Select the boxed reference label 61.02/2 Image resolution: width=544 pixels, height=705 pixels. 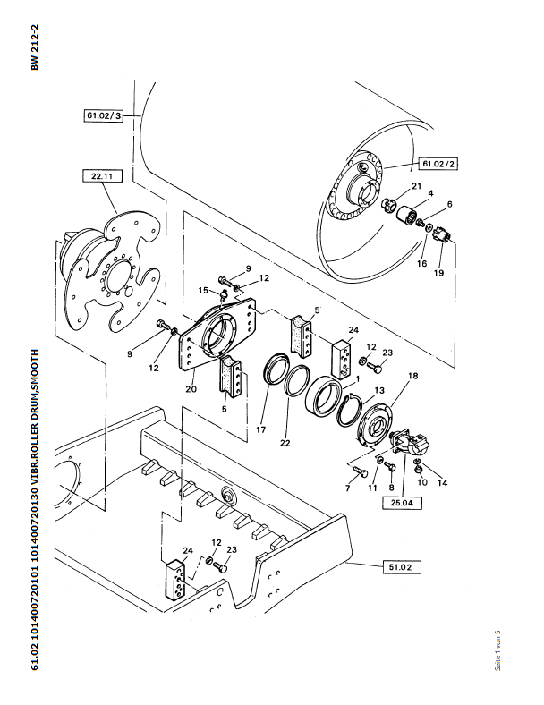click(438, 164)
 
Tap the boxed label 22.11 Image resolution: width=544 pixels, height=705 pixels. click(100, 177)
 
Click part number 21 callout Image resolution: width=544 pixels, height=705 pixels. click(416, 185)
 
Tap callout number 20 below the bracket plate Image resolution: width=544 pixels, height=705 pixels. click(190, 389)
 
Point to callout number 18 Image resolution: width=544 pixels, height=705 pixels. click(412, 377)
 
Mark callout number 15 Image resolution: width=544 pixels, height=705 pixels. click(202, 290)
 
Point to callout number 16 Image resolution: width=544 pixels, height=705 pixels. click(421, 264)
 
